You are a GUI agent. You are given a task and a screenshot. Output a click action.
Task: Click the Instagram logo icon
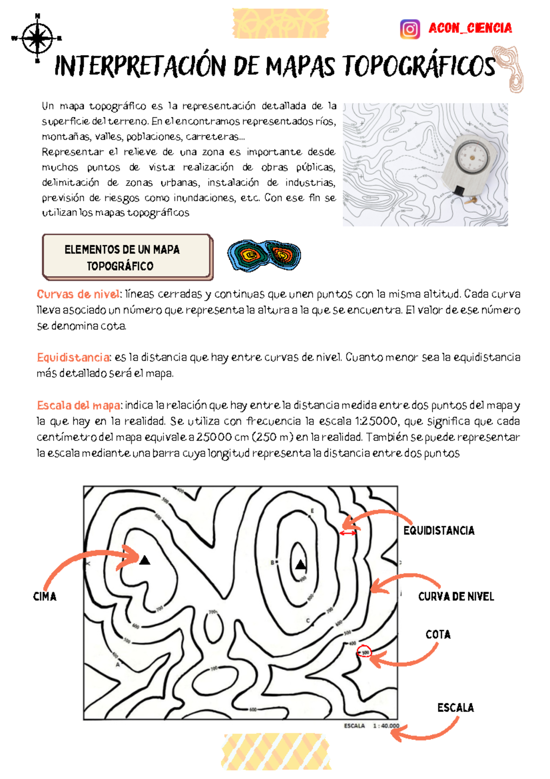(x=410, y=29)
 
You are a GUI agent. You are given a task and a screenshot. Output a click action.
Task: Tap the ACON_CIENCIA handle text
(x=470, y=28)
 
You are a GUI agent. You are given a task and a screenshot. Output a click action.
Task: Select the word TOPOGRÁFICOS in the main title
(x=419, y=66)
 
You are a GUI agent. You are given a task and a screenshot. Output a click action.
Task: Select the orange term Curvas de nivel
(x=78, y=294)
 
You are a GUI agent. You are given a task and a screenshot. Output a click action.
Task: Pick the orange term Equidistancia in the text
(x=73, y=357)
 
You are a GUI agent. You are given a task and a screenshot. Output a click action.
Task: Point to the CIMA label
(x=44, y=597)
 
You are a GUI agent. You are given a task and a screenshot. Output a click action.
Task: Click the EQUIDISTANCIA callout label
(x=439, y=531)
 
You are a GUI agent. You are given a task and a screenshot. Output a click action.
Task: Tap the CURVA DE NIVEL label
(x=456, y=597)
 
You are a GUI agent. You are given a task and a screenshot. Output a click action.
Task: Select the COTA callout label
(x=438, y=635)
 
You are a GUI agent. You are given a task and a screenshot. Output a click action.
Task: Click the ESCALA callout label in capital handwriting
(x=455, y=708)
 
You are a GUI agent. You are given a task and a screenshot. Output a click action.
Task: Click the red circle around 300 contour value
(x=365, y=652)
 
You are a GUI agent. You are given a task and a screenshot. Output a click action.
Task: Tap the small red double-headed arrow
(x=348, y=533)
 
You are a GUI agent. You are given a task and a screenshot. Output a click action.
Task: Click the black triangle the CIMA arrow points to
(x=145, y=560)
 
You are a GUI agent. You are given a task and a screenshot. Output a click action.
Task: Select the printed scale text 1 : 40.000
(x=385, y=726)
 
